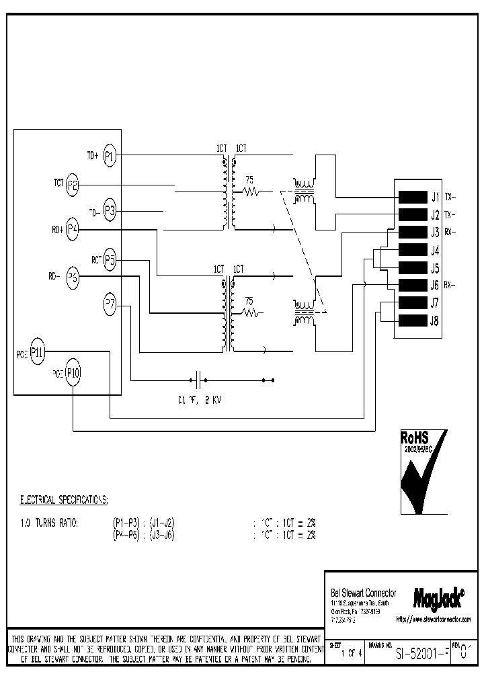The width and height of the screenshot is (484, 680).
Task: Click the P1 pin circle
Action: [x=110, y=156]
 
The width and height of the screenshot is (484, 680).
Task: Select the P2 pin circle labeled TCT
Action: [x=73, y=185]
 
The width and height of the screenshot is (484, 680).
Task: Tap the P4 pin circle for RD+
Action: [x=73, y=230]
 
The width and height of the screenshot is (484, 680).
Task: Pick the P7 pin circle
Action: [x=110, y=304]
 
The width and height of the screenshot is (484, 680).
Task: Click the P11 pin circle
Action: [x=37, y=351]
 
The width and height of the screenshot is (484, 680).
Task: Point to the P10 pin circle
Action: [x=73, y=373]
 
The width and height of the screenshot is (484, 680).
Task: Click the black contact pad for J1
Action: [x=409, y=198]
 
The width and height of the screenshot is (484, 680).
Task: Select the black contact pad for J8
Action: [x=409, y=321]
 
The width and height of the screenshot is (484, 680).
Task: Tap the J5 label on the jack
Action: [x=434, y=267]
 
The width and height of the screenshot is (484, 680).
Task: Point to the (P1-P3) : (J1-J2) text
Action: [x=144, y=523]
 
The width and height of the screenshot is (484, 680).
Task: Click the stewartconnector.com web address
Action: [x=433, y=619]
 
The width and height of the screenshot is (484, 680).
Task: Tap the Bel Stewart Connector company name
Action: [x=364, y=593]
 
